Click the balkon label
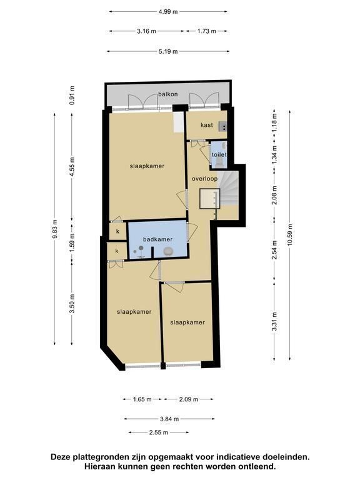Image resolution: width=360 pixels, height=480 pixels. pyautogui.click(x=167, y=94)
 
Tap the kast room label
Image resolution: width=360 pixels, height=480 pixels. pyautogui.click(x=207, y=125)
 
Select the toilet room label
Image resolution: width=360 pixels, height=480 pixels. pyautogui.click(x=219, y=154)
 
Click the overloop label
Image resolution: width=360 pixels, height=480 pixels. pyautogui.click(x=204, y=179)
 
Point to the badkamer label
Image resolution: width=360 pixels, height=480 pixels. pyautogui.click(x=157, y=239)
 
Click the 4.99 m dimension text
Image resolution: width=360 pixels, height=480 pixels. pyautogui.click(x=168, y=12)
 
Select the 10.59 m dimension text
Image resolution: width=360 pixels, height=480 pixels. pyautogui.click(x=290, y=235)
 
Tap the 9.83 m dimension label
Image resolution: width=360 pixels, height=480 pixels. pyautogui.click(x=55, y=229)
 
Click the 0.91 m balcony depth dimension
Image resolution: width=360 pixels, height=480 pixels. pyautogui.click(x=72, y=95)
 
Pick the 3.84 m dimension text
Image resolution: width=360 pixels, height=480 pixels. pyautogui.click(x=169, y=419)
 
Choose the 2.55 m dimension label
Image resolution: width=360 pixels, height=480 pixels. pyautogui.click(x=159, y=432)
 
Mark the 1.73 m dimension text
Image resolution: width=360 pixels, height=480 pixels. pyautogui.click(x=207, y=31)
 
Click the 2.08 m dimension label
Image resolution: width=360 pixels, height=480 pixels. pyautogui.click(x=274, y=195)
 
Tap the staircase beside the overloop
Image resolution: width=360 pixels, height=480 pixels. pyautogui.click(x=229, y=188)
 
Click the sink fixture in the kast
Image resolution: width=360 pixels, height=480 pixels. pyautogui.click(x=223, y=126)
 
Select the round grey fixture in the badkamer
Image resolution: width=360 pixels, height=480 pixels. pyautogui.click(x=167, y=252)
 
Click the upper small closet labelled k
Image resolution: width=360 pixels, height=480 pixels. pyautogui.click(x=118, y=231)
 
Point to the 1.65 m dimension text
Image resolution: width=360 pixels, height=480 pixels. pyautogui.click(x=142, y=399)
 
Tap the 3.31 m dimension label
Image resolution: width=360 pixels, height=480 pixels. pyautogui.click(x=274, y=321)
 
